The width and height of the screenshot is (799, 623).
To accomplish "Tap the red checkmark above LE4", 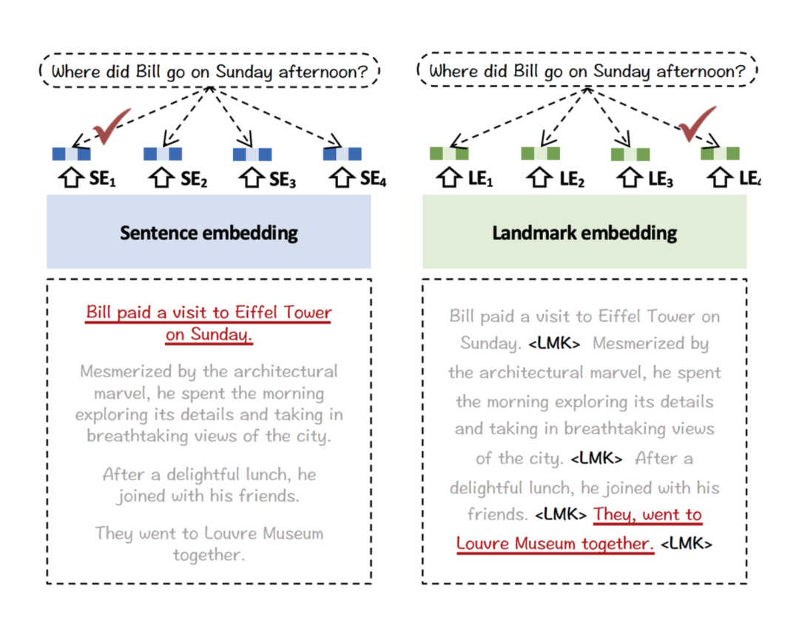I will click(x=697, y=124).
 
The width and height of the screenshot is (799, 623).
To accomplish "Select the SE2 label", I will click(x=194, y=179).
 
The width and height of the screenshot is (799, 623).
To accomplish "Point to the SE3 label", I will click(x=283, y=179).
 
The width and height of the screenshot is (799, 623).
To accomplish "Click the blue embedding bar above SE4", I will click(x=342, y=154).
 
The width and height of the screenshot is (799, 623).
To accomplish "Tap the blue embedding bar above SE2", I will click(x=162, y=154).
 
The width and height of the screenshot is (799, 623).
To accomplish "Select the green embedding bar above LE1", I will click(x=449, y=153).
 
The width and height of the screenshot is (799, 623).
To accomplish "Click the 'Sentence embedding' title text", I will click(x=209, y=234).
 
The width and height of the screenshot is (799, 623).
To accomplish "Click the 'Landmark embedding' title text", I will click(x=584, y=234).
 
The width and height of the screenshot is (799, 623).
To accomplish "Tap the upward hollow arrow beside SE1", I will click(x=68, y=178).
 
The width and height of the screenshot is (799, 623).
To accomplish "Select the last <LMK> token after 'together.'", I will click(x=687, y=544).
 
